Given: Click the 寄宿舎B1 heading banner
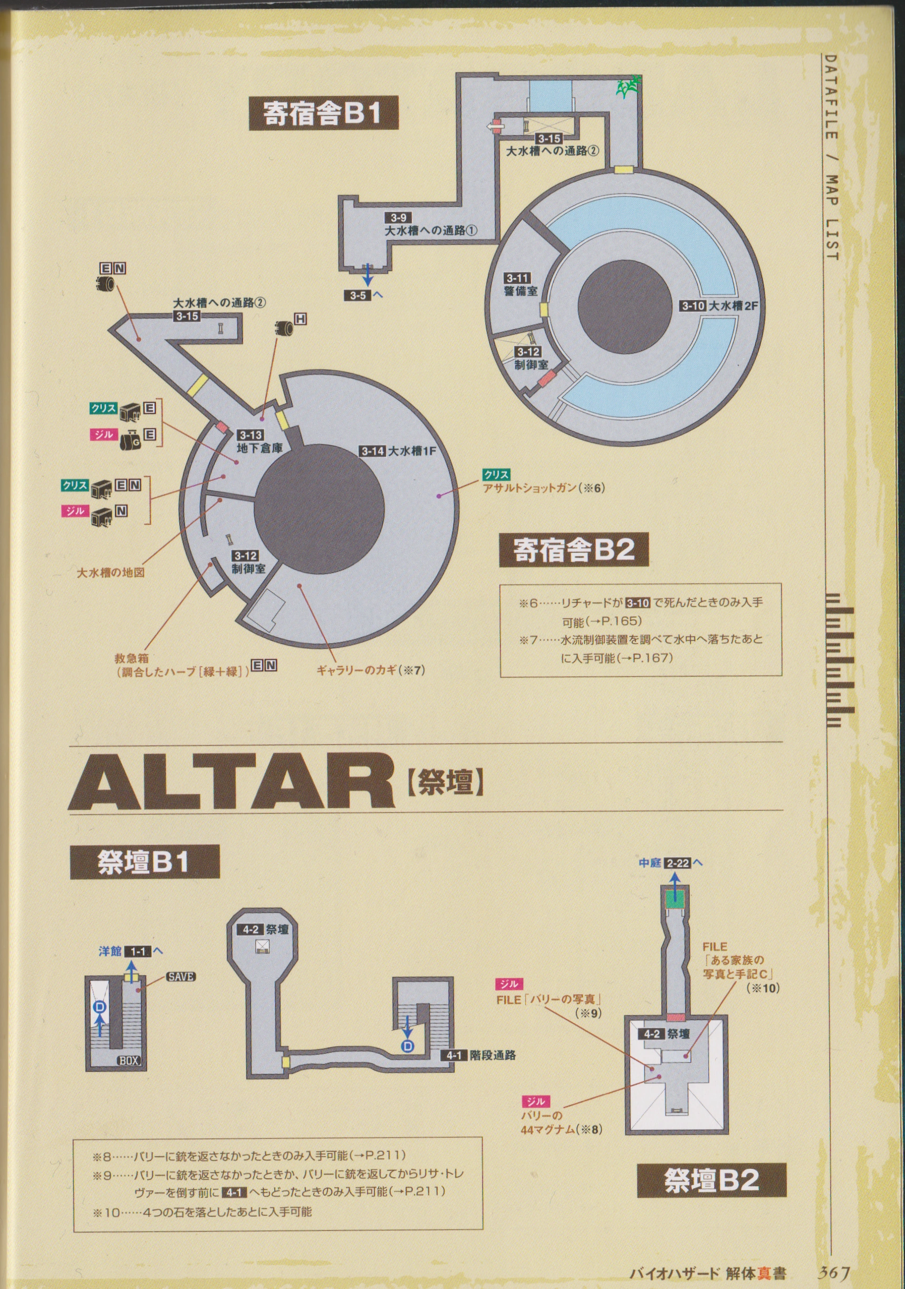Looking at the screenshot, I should (x=323, y=113).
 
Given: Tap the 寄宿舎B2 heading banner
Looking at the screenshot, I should (x=574, y=550).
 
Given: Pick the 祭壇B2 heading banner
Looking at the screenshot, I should (x=711, y=1180).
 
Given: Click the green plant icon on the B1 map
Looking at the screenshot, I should (x=629, y=86).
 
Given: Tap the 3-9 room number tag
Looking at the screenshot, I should (x=398, y=218).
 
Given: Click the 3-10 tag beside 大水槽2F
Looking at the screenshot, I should (x=693, y=306).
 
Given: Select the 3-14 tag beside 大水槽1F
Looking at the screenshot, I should (x=373, y=451).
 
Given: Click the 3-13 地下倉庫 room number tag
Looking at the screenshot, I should (x=251, y=435).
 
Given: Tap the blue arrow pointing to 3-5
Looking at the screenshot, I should (x=367, y=275).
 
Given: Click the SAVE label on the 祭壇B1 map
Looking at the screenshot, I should (x=181, y=977).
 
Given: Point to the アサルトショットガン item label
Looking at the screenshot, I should (x=542, y=488).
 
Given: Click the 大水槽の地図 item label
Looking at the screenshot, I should (x=111, y=573).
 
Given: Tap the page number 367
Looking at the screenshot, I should (x=834, y=1272).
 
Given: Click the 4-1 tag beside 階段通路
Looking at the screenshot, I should (x=454, y=1055).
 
